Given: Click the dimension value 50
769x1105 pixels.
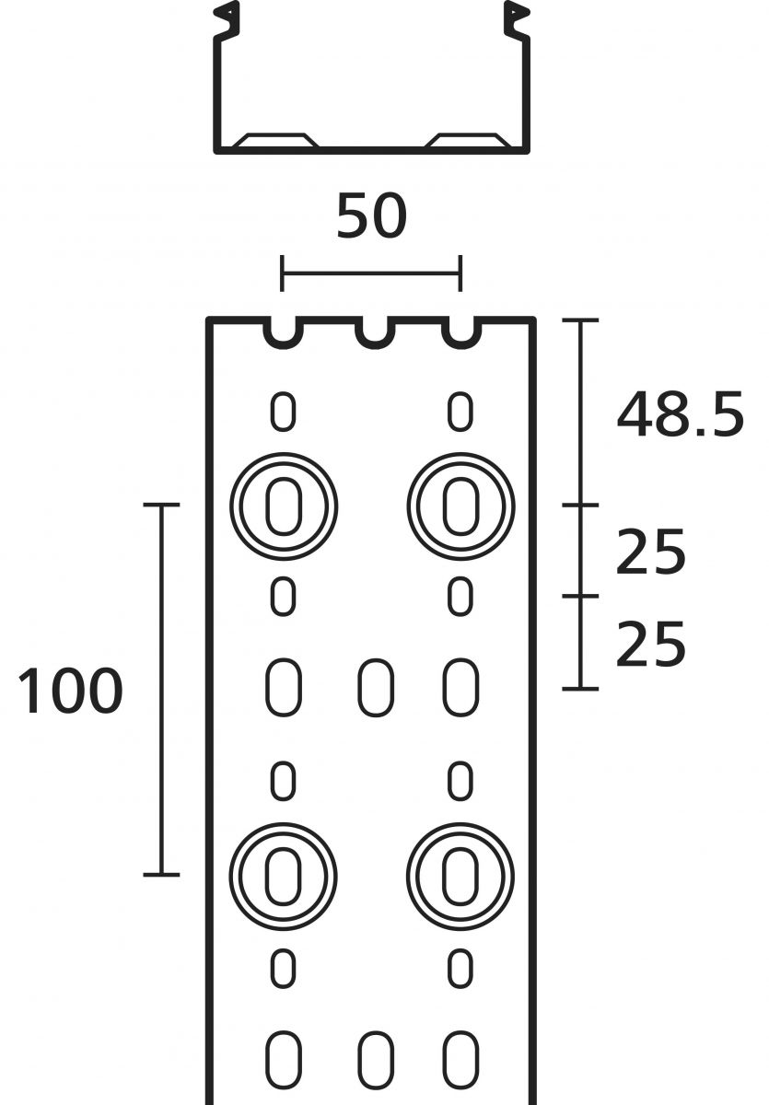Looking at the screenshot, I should click(371, 217).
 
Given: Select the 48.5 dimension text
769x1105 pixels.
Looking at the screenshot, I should click(680, 414).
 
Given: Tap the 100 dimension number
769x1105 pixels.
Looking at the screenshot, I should click(70, 692).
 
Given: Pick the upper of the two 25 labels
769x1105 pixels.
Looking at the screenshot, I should click(651, 553).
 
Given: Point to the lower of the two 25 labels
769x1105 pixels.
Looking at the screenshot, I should click(651, 644).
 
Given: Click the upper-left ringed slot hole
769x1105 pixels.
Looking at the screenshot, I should click(284, 506).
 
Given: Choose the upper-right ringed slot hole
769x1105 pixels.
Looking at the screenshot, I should click(460, 506).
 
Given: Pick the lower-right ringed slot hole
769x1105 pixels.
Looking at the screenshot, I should click(460, 875).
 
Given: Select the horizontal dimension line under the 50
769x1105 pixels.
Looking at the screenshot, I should click(371, 273).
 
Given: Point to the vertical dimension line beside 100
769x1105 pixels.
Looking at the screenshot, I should click(162, 691).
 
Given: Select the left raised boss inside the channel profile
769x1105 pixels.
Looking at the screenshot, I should click(275, 141).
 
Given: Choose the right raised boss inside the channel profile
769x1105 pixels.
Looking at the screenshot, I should click(468, 141).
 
